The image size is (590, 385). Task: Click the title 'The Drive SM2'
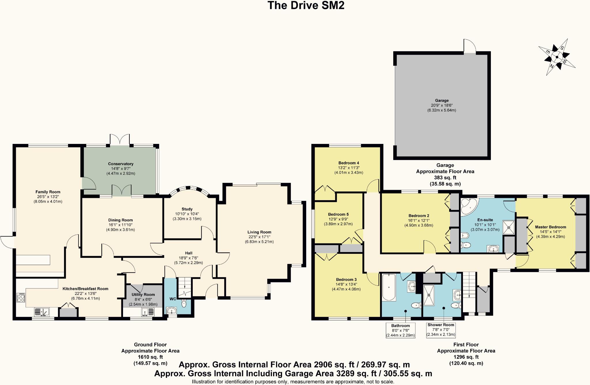click(306, 5)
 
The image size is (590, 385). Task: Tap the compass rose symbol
click(557, 57)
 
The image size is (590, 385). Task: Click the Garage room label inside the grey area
click(442, 105)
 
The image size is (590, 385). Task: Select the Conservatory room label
click(121, 168)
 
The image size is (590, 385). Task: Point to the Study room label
click(187, 214)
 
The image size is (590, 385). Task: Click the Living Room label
click(259, 237)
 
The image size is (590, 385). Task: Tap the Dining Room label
click(120, 225)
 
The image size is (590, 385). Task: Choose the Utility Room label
click(143, 299)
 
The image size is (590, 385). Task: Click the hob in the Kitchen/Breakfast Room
click(21, 298)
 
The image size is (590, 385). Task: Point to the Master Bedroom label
click(551, 232)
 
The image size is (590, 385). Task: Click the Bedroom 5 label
click(338, 219)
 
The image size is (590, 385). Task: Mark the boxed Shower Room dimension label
click(441, 330)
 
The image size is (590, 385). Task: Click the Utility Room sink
click(148, 312)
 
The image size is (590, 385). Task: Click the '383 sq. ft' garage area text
click(445, 178)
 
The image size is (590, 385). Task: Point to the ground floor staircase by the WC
click(184, 287)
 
